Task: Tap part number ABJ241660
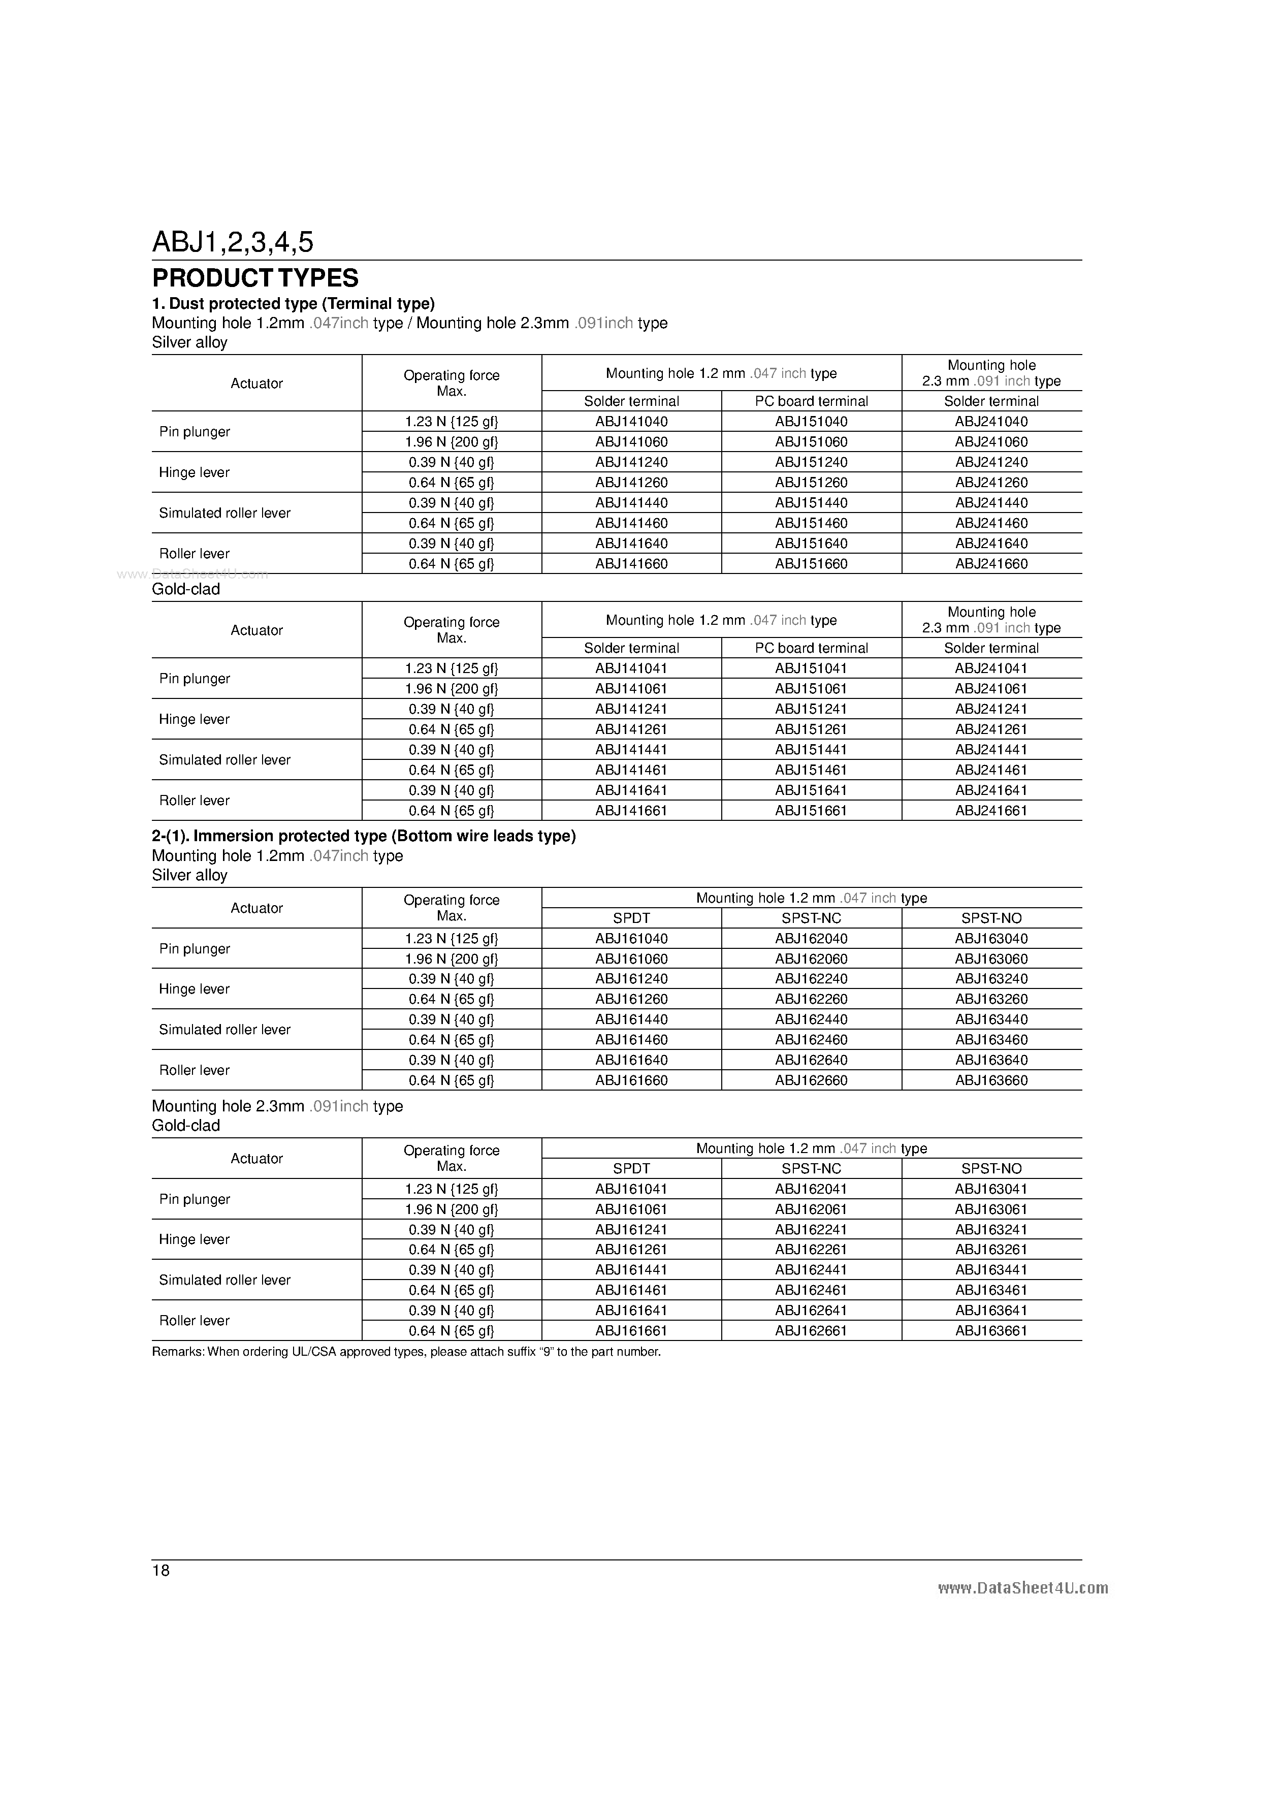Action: click(x=991, y=564)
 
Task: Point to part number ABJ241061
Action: click(x=991, y=689)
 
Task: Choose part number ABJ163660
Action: click(x=991, y=1080)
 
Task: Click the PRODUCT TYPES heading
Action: click(x=255, y=278)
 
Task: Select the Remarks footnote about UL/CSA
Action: click(x=406, y=1352)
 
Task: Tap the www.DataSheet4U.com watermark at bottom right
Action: click(x=1022, y=1588)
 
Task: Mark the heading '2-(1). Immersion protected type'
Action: click(x=363, y=836)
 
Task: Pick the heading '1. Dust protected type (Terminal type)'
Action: click(x=293, y=304)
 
